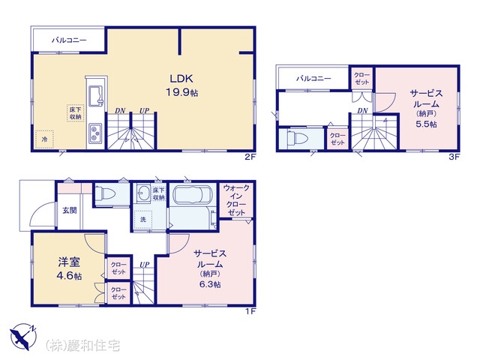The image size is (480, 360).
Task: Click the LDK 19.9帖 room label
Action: point(181,85)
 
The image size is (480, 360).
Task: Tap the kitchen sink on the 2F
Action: point(96,96)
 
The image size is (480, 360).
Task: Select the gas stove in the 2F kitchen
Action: point(95,133)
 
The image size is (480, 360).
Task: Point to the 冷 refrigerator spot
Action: point(44,139)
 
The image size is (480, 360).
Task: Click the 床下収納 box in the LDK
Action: point(75,113)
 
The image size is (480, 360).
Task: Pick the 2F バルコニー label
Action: point(69,40)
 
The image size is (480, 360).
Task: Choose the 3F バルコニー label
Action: point(313,79)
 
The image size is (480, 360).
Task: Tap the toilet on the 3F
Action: point(298,139)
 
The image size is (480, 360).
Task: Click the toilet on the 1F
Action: point(105,193)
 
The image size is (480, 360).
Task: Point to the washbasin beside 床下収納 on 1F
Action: point(143,193)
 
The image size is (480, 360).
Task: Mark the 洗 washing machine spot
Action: point(143,220)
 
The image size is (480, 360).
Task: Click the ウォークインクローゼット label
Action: point(236,200)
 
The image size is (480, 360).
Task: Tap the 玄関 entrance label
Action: point(70,210)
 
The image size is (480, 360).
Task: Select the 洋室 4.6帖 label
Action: point(69,268)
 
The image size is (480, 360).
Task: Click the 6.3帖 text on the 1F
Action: point(210,284)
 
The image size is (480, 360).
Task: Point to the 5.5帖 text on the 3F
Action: point(426,124)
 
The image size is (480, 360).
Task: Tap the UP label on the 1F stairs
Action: point(145,265)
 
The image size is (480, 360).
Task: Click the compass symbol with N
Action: point(23,337)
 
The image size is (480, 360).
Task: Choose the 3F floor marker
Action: point(454,157)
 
